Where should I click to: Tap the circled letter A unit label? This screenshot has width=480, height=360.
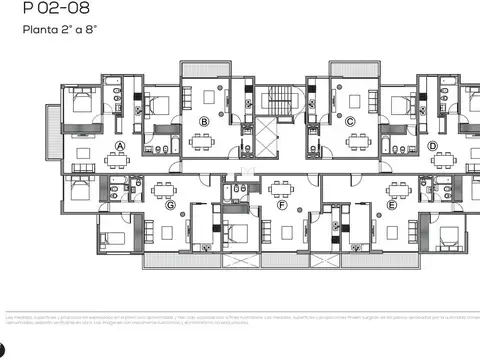coord(120,146)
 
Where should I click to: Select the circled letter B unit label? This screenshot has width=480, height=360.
coord(204,122)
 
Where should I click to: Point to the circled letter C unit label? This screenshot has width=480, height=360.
coord(349,122)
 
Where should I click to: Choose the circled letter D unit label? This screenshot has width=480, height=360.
coord(433,146)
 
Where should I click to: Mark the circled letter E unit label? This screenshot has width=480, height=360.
coord(391,205)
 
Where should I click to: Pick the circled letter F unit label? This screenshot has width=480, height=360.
coord(283,205)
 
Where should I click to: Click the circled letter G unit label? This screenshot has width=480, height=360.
coord(170,205)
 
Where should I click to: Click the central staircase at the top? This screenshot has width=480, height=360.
coord(276,100)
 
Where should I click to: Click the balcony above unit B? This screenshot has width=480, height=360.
coord(203,69)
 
